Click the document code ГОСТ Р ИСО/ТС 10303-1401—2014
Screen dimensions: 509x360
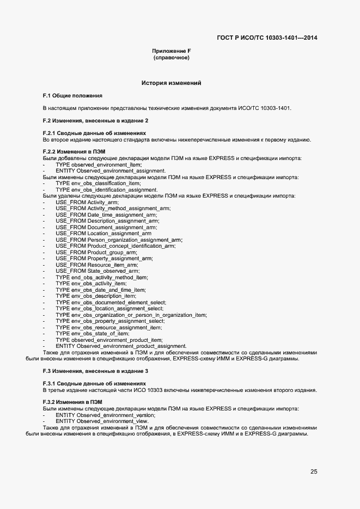coord(267,38)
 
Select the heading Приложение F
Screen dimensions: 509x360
coord(171,51)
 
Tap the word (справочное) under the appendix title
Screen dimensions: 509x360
coord(171,58)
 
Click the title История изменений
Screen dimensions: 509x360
coord(171,83)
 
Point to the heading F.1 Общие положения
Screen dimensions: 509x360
coord(72,95)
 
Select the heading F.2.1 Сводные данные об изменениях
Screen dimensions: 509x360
coord(94,133)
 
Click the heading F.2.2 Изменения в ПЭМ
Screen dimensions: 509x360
coord(74,152)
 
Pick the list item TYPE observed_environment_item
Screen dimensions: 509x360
coord(99,164)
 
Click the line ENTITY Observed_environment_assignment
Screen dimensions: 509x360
coord(111,171)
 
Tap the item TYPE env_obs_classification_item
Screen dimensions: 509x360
coord(98,183)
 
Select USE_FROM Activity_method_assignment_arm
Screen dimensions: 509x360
coord(113,208)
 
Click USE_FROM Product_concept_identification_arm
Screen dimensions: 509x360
coord(115,246)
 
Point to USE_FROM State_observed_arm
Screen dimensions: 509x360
coord(97,271)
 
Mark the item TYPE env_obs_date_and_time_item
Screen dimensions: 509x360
coord(100,290)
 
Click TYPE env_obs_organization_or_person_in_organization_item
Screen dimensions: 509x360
coord(131,315)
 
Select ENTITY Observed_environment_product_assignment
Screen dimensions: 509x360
coord(121,346)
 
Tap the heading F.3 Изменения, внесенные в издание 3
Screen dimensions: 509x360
coord(95,371)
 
